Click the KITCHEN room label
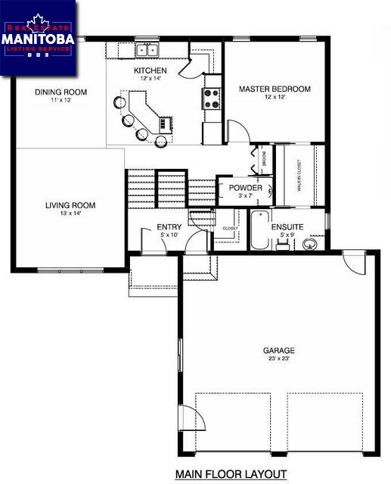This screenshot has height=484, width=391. [x=151, y=70]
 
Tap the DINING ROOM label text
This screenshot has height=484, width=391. [x=61, y=92]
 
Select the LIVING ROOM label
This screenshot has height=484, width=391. [x=70, y=205]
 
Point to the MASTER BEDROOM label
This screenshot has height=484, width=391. [x=275, y=89]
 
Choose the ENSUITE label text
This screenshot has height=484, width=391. [x=287, y=226]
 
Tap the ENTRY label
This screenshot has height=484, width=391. [x=169, y=227]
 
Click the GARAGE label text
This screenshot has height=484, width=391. [x=278, y=351]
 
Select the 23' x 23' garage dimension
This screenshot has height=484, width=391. [x=278, y=359]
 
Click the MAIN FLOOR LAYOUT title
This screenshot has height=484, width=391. [x=231, y=474]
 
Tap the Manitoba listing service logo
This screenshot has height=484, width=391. [x=38, y=38]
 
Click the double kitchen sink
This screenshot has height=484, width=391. [x=146, y=50]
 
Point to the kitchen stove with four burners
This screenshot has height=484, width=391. [x=210, y=98]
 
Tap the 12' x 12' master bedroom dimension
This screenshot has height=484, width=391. [x=275, y=98]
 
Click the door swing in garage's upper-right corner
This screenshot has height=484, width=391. [x=352, y=264]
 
